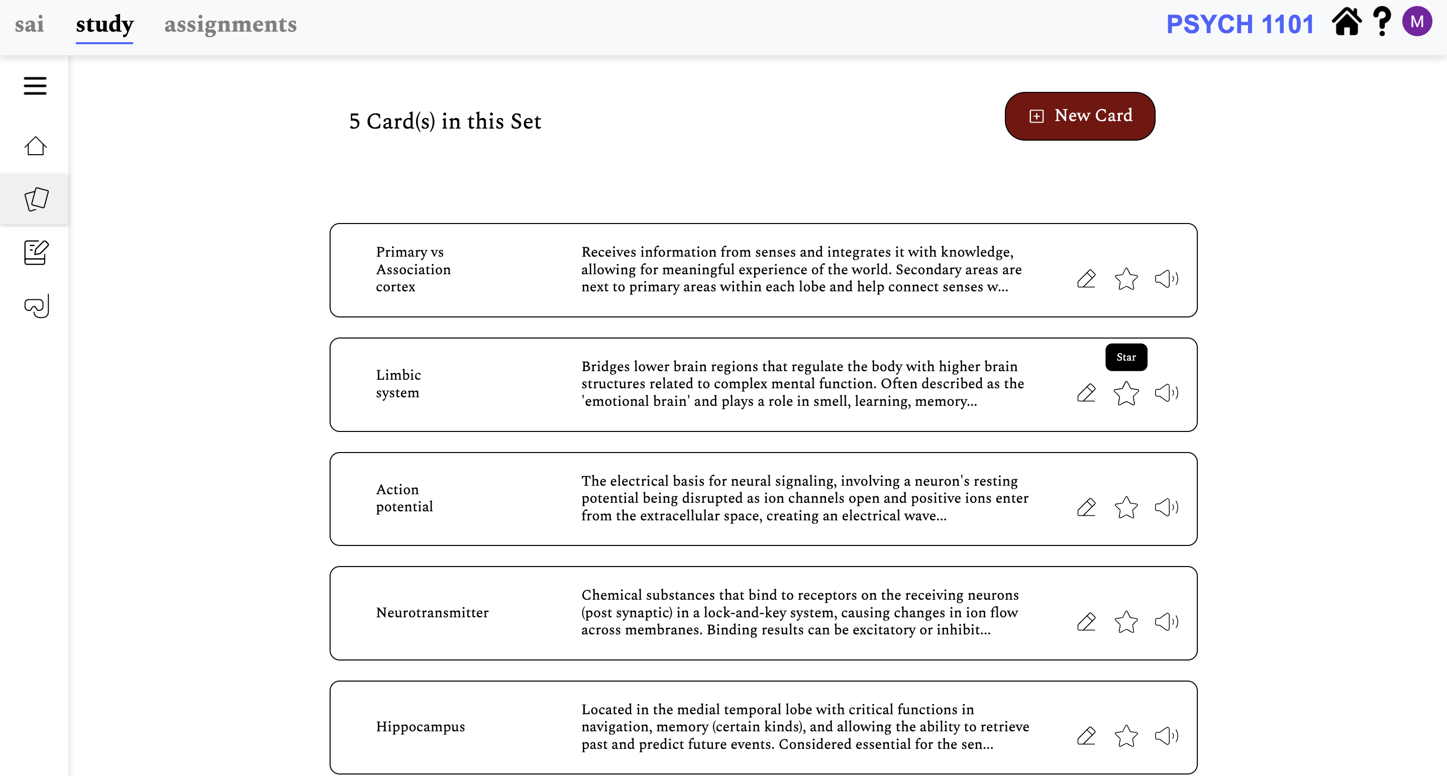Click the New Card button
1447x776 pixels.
point(1079,116)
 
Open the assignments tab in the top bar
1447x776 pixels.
point(230,24)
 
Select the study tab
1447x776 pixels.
point(105,24)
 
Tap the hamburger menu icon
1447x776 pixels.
point(35,86)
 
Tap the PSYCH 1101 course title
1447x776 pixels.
point(1239,24)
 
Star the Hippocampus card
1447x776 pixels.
point(1125,736)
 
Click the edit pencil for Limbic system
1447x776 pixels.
point(1086,392)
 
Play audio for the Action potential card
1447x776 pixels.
point(1166,507)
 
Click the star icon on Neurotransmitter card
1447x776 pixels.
point(1125,622)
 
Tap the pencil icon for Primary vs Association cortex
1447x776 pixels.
point(1086,279)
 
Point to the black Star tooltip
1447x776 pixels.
point(1125,357)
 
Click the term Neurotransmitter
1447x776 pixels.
point(432,613)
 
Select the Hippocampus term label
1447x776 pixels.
point(420,727)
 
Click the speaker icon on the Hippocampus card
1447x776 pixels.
point(1166,736)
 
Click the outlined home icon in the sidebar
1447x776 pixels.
point(35,146)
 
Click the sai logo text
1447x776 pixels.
point(29,24)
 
